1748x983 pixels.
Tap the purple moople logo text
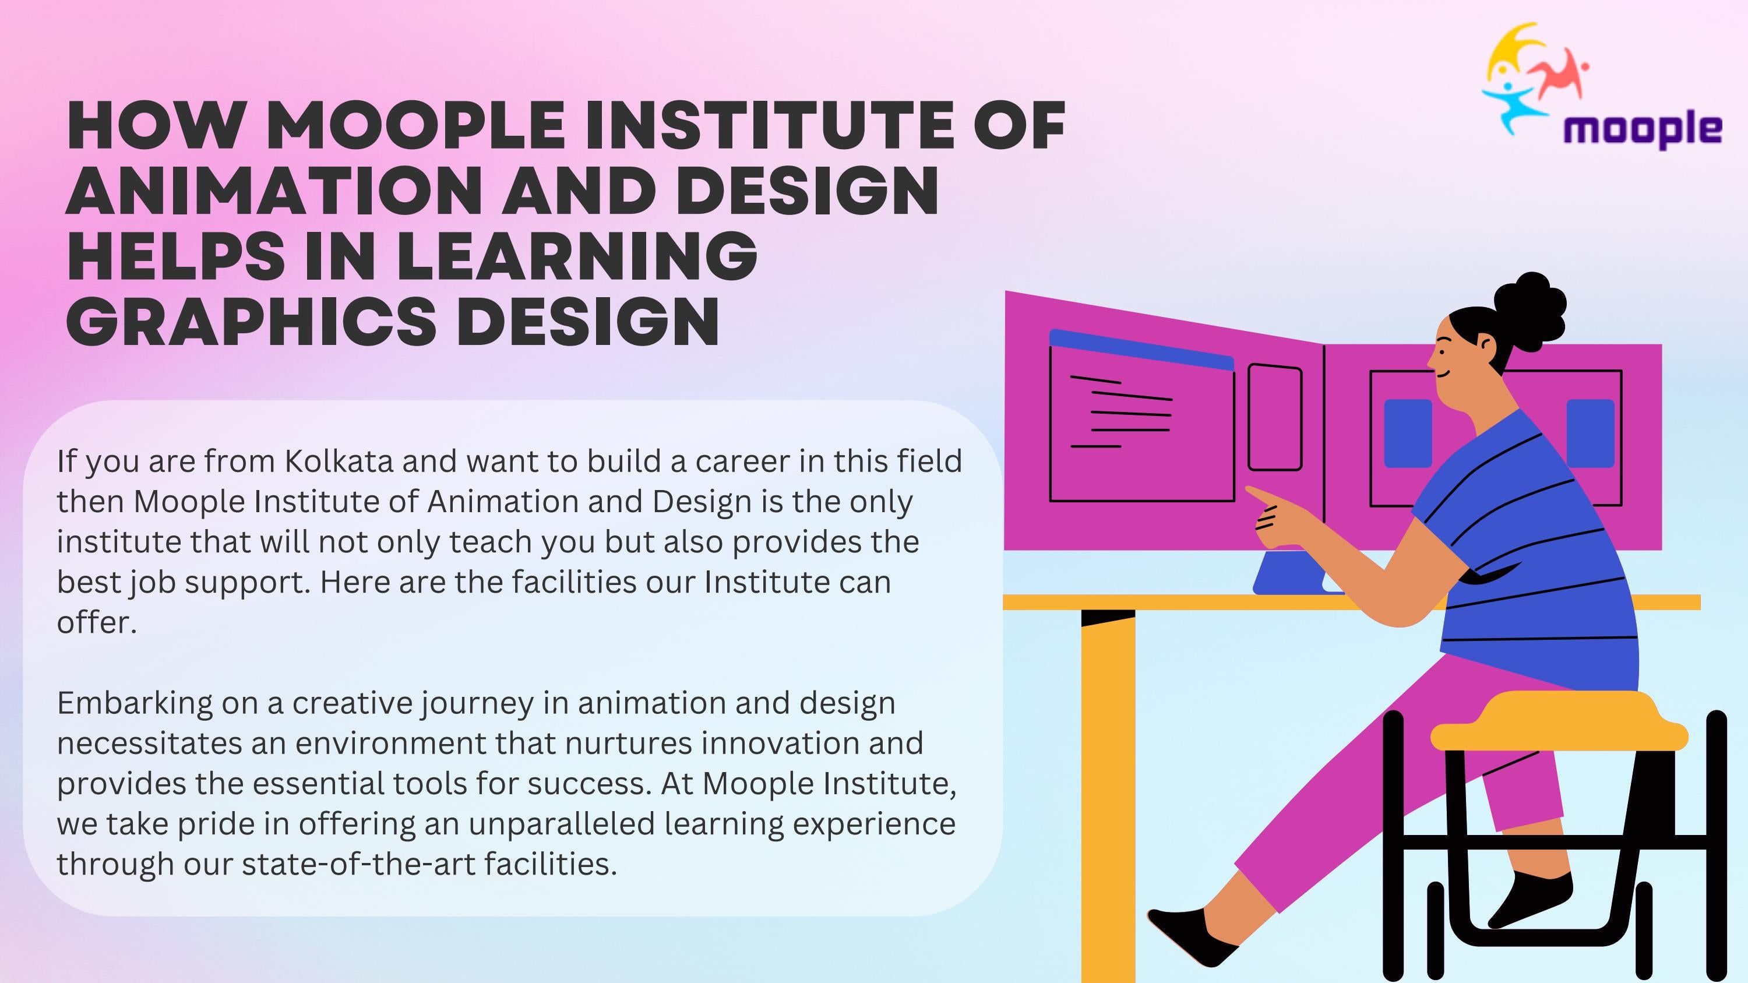[1642, 129]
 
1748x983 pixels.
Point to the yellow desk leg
[1108, 794]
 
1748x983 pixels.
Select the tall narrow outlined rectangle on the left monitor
[1275, 417]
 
